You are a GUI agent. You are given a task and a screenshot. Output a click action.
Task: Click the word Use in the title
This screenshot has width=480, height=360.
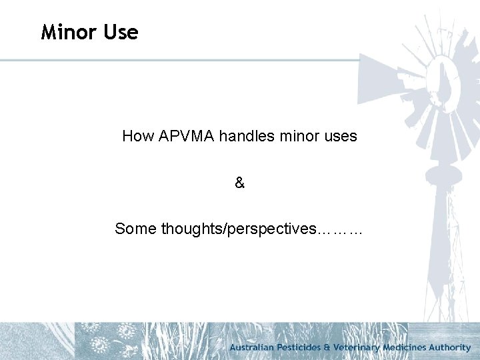tap(120, 32)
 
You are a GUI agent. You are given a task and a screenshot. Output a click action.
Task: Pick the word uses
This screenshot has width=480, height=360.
tap(340, 137)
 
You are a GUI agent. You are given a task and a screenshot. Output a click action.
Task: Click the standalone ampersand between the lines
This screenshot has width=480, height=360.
tap(240, 183)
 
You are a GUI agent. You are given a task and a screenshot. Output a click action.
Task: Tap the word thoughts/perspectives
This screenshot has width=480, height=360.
tap(238, 229)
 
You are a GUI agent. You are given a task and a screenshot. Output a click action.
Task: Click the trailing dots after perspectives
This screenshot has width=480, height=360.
tap(341, 231)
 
